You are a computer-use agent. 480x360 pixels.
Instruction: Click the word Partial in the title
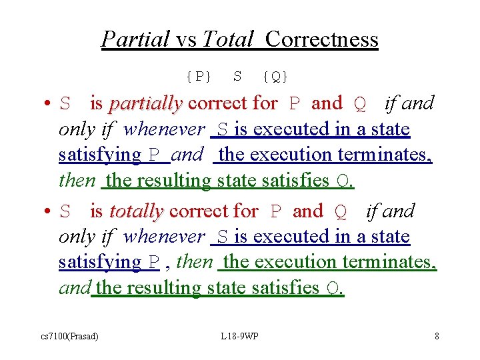click(x=135, y=39)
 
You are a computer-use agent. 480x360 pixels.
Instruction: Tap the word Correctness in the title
click(x=321, y=39)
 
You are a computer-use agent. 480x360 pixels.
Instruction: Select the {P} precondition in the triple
click(x=199, y=76)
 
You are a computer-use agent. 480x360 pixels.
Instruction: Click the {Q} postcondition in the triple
click(x=275, y=76)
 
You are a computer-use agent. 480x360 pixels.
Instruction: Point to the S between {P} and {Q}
click(x=237, y=76)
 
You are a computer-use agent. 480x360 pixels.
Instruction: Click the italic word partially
click(x=145, y=103)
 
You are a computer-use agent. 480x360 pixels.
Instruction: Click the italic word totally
click(x=136, y=211)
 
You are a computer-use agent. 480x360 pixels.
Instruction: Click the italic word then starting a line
click(x=77, y=180)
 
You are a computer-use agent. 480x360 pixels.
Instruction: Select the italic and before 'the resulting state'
click(x=74, y=287)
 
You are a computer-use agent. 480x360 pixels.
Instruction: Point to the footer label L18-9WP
click(x=239, y=336)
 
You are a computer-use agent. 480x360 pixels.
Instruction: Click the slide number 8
click(x=437, y=336)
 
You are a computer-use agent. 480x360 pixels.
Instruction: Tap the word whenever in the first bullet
click(x=164, y=129)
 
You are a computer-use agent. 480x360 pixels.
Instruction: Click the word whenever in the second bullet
click(x=164, y=237)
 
